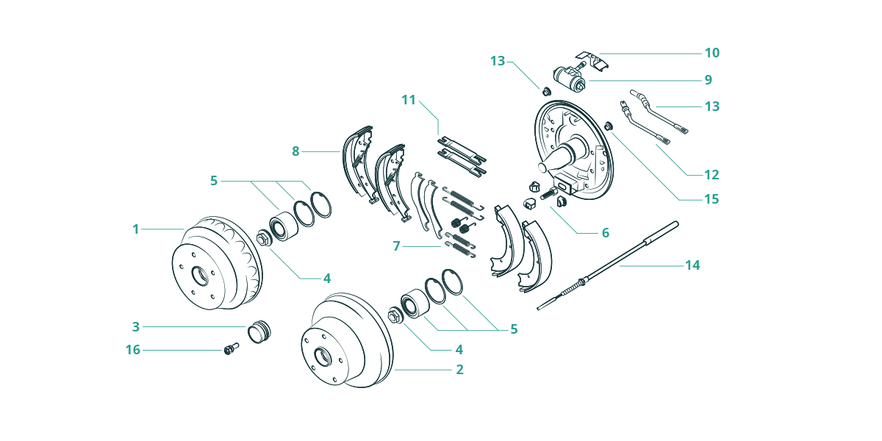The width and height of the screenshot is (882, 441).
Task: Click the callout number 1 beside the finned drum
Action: pos(136,229)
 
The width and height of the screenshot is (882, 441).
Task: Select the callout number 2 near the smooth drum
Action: pos(459,370)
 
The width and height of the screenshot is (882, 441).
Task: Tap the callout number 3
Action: pos(136,327)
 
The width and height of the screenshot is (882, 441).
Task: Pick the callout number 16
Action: pos(133,350)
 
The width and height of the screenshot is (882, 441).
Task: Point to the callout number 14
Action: pos(692,265)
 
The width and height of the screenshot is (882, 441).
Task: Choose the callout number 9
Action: pos(709,80)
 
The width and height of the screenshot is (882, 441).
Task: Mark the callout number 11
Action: pos(409,100)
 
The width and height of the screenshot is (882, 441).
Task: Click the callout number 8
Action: pos(295,151)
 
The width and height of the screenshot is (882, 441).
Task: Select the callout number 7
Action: pos(396,246)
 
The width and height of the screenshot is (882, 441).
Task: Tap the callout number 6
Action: pos(606,233)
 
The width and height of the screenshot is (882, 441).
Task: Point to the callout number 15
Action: pos(711,199)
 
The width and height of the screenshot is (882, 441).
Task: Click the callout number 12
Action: pos(711,175)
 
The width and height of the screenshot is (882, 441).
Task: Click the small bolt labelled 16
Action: pos(231,348)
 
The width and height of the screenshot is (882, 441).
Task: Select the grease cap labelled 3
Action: pos(259,332)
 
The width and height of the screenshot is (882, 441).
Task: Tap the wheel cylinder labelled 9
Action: pos(570,76)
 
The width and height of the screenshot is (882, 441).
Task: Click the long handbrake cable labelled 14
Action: pos(608,266)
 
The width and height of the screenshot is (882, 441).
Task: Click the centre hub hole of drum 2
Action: pos(322,357)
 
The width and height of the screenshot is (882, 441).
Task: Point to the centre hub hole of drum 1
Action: pos(200,276)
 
